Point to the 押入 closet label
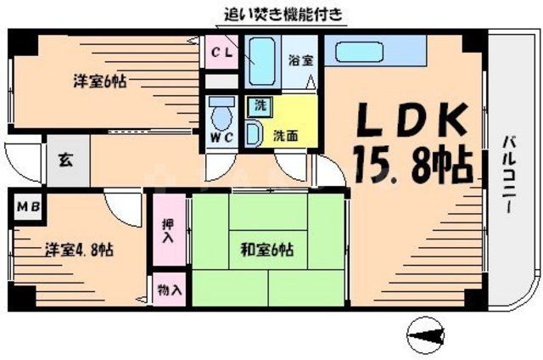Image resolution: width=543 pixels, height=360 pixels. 169,230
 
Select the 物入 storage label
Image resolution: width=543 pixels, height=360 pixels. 169,289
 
